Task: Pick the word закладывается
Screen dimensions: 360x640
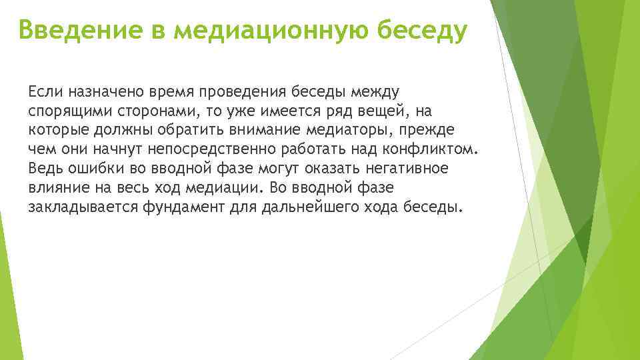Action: click(83, 207)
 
